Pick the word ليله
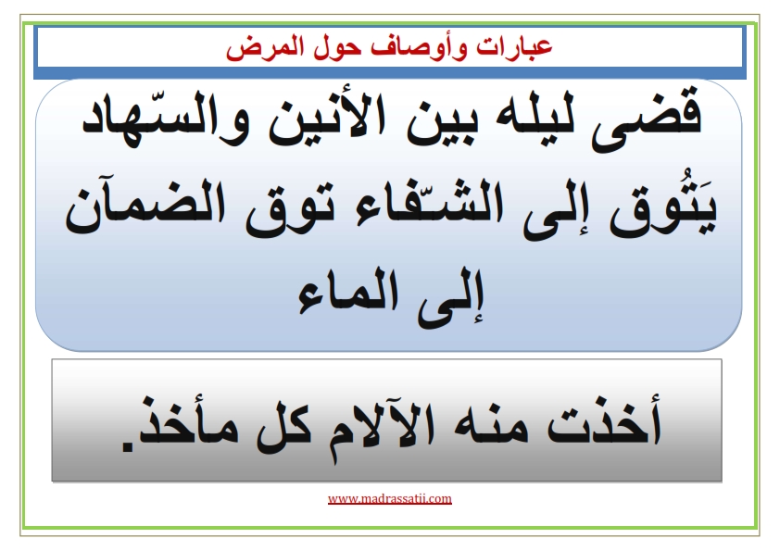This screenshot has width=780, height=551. pos(526,117)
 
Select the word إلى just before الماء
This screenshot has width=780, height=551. pos(450,297)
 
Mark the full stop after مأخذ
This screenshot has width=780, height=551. pos(129,446)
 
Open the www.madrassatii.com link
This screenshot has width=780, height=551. pos(389,499)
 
